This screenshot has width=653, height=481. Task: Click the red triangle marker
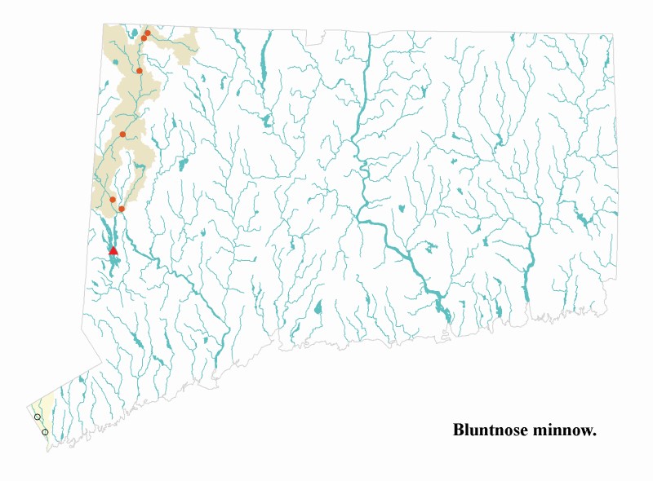[x=113, y=251]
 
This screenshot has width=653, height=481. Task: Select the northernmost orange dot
[x=148, y=33]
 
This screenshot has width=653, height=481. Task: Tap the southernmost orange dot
[x=122, y=209]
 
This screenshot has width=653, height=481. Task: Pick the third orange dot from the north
[x=140, y=71]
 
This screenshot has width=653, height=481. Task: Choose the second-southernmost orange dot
[x=113, y=200]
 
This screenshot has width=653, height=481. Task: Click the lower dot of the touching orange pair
[x=144, y=38]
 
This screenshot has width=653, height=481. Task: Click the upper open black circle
[x=38, y=417]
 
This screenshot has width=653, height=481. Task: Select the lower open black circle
[x=45, y=432]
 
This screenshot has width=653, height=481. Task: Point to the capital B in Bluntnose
[x=458, y=429]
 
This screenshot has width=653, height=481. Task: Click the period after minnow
[x=594, y=434]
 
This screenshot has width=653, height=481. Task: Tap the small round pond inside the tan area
[x=116, y=62]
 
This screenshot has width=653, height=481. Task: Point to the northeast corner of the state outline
[x=612, y=35]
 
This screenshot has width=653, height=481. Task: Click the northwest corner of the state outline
[x=104, y=24]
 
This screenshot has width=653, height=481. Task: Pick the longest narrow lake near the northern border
[x=263, y=57]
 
